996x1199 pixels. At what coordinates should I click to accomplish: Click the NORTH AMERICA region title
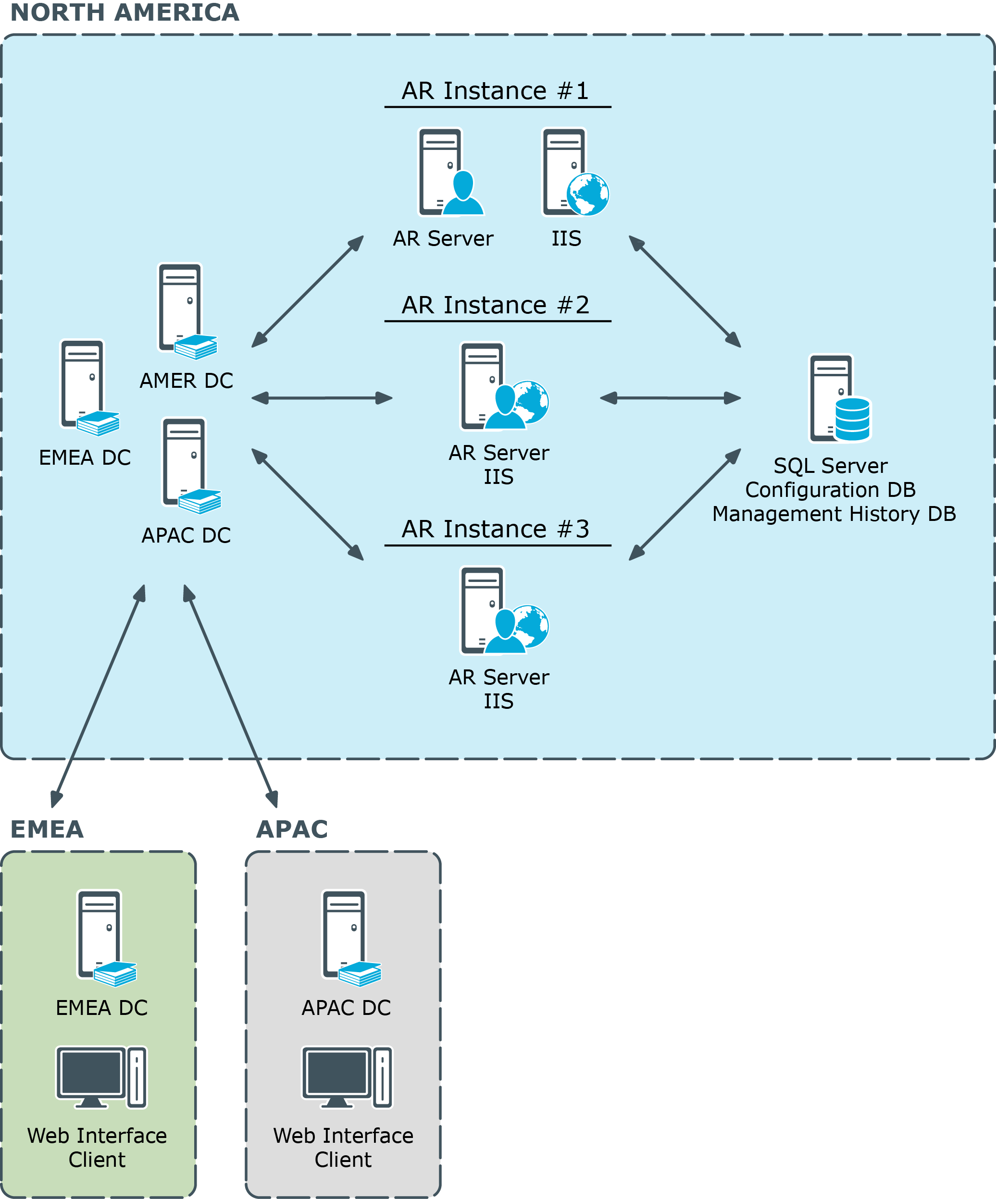[x=124, y=12]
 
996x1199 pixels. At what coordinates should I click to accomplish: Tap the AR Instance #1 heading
[x=495, y=91]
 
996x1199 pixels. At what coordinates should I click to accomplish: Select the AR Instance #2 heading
[x=495, y=305]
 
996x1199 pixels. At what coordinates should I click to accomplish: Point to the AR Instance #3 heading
[x=495, y=529]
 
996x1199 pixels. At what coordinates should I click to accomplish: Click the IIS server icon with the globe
[x=574, y=173]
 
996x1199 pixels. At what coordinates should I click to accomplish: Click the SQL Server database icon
[x=839, y=398]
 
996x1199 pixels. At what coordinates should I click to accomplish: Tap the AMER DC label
[x=186, y=381]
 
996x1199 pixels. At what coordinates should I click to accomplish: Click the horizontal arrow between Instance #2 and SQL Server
[x=670, y=398]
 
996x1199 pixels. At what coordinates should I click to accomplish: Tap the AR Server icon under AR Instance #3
[x=503, y=610]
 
